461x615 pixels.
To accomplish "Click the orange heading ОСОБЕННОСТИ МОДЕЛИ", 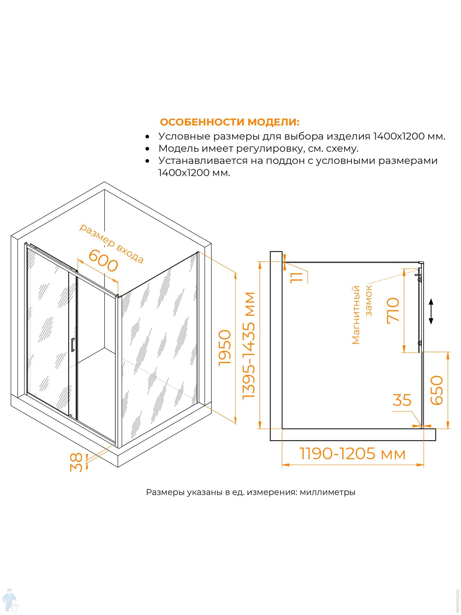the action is point(230,122).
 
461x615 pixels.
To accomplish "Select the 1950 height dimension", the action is point(225,348).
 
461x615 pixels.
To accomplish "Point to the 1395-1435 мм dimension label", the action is point(248,346).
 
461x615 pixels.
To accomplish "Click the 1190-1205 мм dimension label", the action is point(352,454).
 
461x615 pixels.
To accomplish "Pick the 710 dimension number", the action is point(393,310).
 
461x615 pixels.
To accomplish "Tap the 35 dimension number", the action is point(402,400).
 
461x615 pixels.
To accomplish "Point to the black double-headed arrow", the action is point(431,311).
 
